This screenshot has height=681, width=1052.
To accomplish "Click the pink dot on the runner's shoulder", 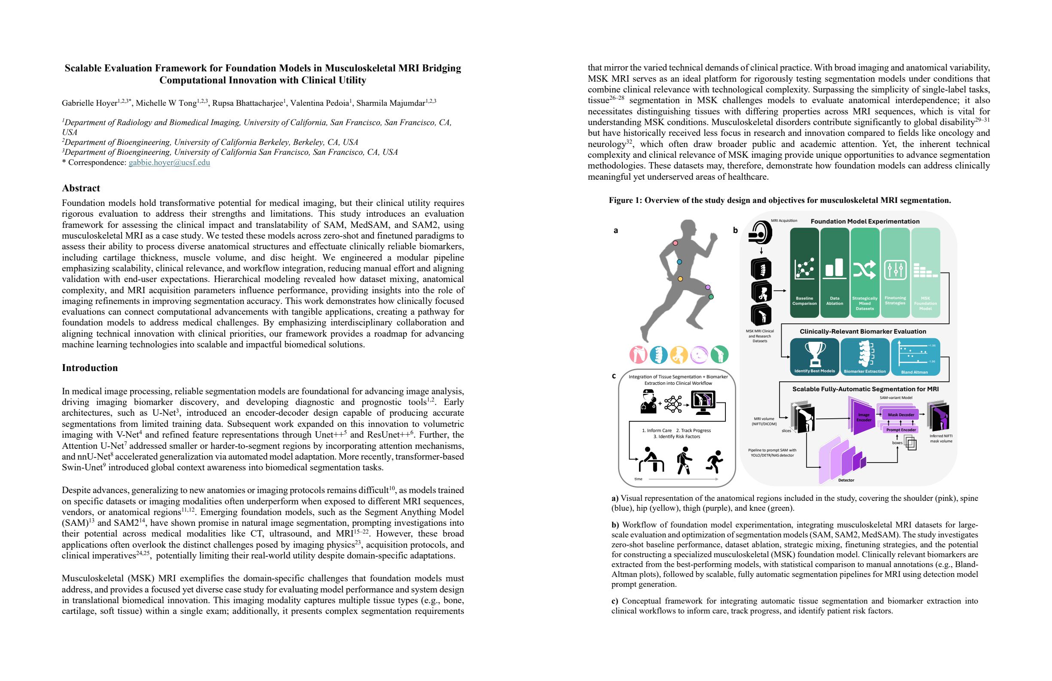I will click(x=676, y=243).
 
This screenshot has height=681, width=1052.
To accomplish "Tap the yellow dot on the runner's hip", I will click(x=680, y=279).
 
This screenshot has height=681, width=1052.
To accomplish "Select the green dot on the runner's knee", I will click(x=711, y=297).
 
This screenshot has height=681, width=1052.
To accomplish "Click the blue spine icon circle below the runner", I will click(x=659, y=355).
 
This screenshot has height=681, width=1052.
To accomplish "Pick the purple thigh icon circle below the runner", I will click(x=699, y=355).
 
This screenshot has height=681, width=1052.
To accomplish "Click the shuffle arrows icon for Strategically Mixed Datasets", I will click(x=865, y=269).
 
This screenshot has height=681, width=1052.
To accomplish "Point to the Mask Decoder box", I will click(x=901, y=415).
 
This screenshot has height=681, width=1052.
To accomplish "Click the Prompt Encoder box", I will click(x=901, y=430).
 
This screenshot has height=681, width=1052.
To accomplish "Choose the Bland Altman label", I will click(x=914, y=372).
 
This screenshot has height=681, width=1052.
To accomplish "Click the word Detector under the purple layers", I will click(x=846, y=480).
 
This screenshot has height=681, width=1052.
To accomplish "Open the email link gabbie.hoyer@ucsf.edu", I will click(x=169, y=162).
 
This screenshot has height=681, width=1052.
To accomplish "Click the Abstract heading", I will click(x=81, y=188).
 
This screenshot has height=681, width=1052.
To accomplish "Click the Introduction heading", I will click(x=90, y=368).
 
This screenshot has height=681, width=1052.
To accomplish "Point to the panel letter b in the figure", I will click(x=736, y=230).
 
